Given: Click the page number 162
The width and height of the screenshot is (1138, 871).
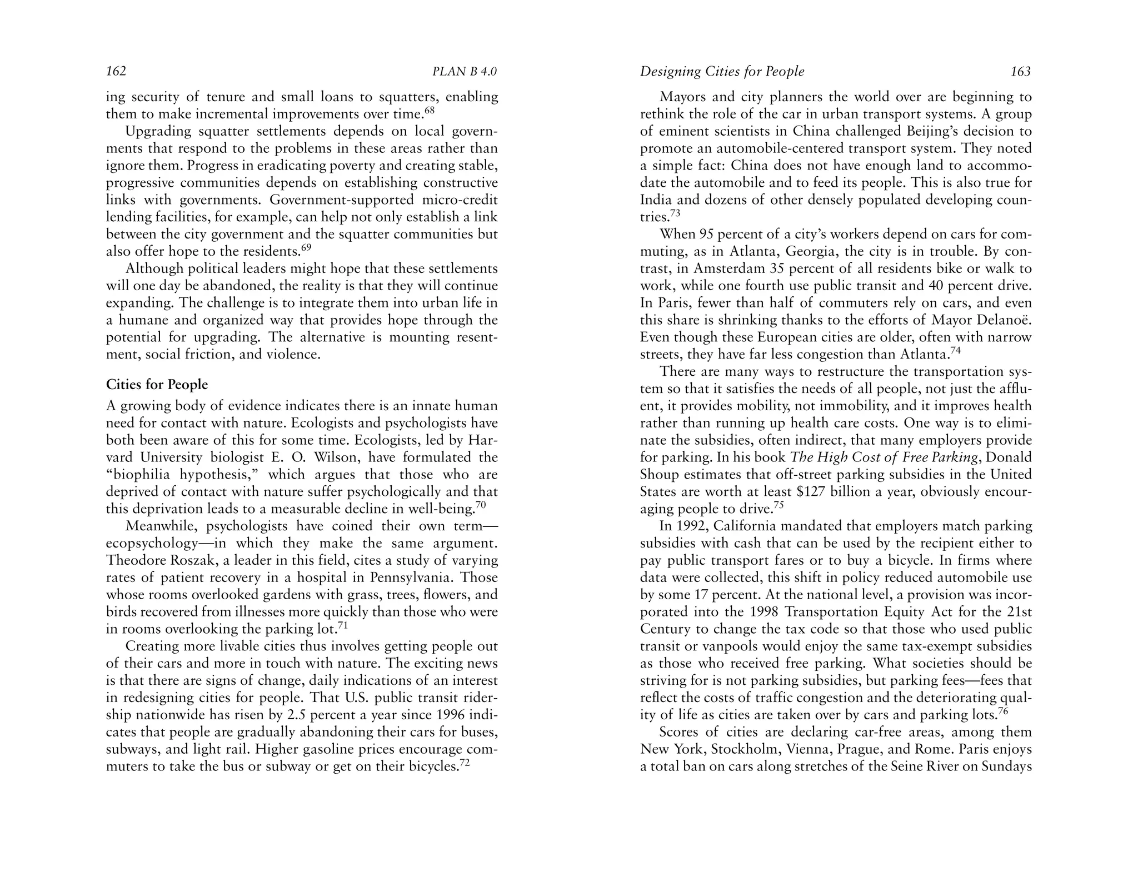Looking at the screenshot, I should (116, 72).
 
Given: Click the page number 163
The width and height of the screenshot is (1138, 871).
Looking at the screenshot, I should (1021, 72).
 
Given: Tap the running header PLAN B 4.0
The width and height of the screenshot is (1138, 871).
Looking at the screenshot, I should (465, 72).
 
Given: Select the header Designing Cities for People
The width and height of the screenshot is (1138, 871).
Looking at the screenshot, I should (722, 72).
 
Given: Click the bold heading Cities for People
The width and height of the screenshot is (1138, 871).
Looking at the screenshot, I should (157, 385).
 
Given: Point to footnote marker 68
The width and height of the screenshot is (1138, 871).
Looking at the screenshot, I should (429, 110).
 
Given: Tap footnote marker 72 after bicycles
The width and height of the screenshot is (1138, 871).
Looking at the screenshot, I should (465, 763).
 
